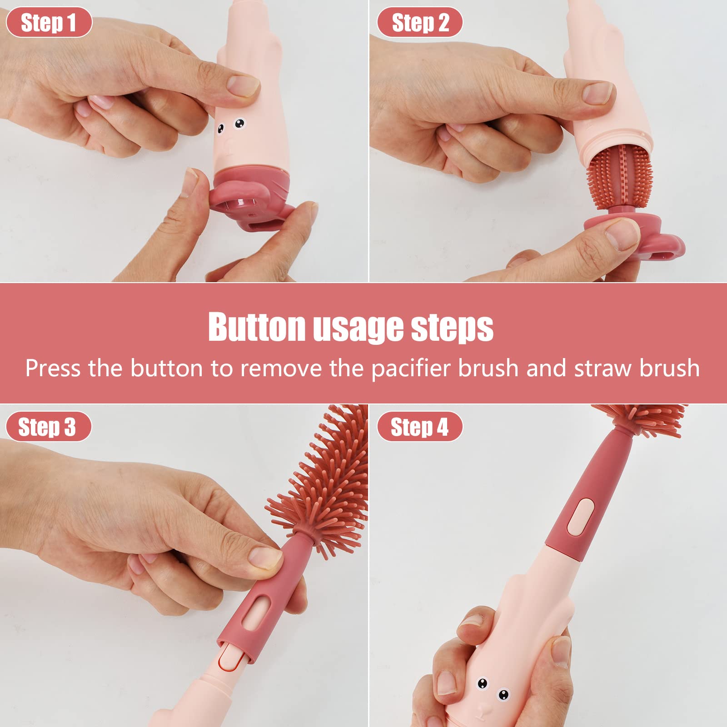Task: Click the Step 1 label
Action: [49, 22]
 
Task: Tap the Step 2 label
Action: [420, 22]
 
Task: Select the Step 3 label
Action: [47, 427]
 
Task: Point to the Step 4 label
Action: [419, 427]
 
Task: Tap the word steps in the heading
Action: [452, 327]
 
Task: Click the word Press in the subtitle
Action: [53, 368]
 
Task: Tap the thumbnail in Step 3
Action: [265, 557]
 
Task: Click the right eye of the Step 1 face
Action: [239, 123]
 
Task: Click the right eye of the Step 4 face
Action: [503, 694]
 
